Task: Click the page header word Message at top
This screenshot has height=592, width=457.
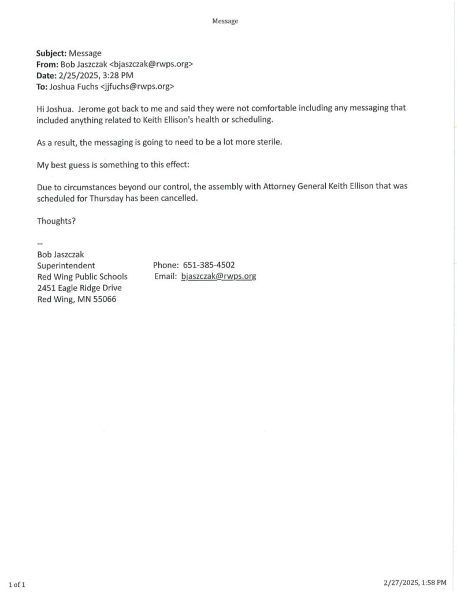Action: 225,21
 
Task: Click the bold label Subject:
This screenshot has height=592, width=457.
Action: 51,53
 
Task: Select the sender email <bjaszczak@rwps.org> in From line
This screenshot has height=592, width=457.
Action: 151,64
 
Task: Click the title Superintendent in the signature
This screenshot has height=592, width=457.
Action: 66,265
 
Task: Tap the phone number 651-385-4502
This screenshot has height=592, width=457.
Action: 209,265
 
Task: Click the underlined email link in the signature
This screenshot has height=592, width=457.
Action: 218,276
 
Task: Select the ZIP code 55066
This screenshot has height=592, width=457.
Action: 104,299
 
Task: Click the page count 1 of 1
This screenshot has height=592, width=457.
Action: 17,584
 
